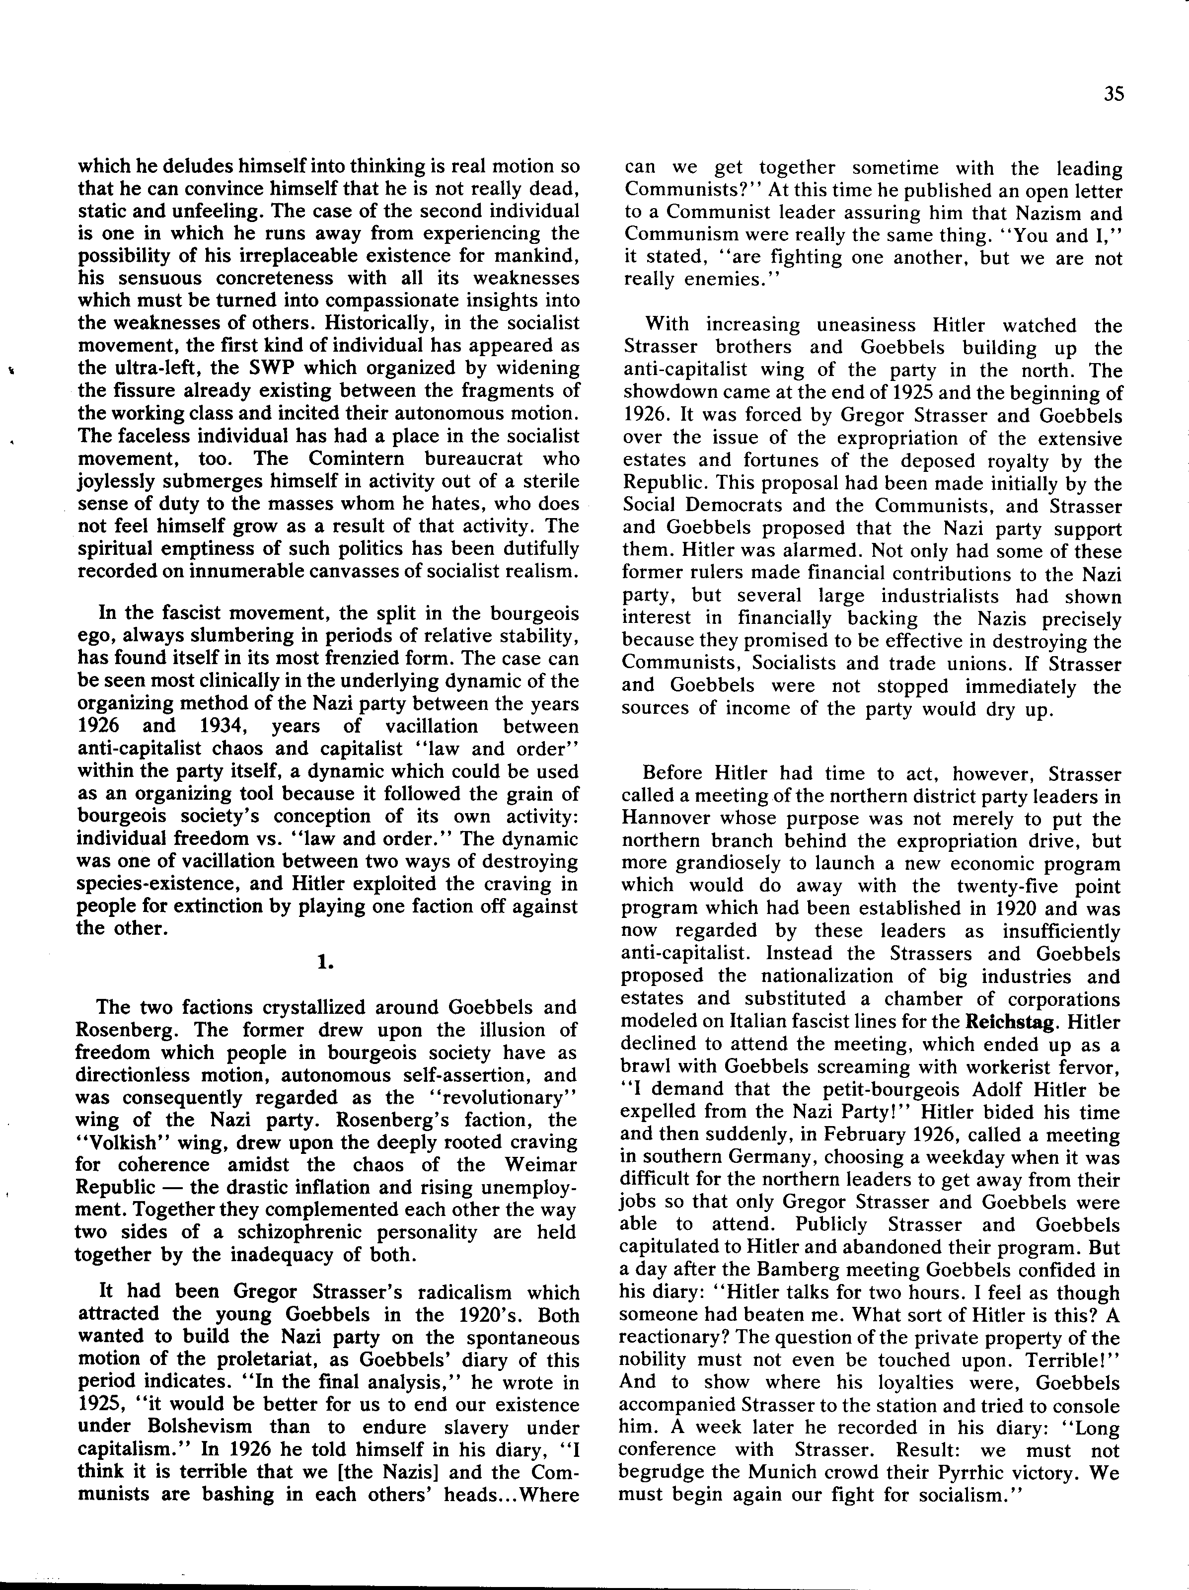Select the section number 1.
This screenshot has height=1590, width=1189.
[x=326, y=963]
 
